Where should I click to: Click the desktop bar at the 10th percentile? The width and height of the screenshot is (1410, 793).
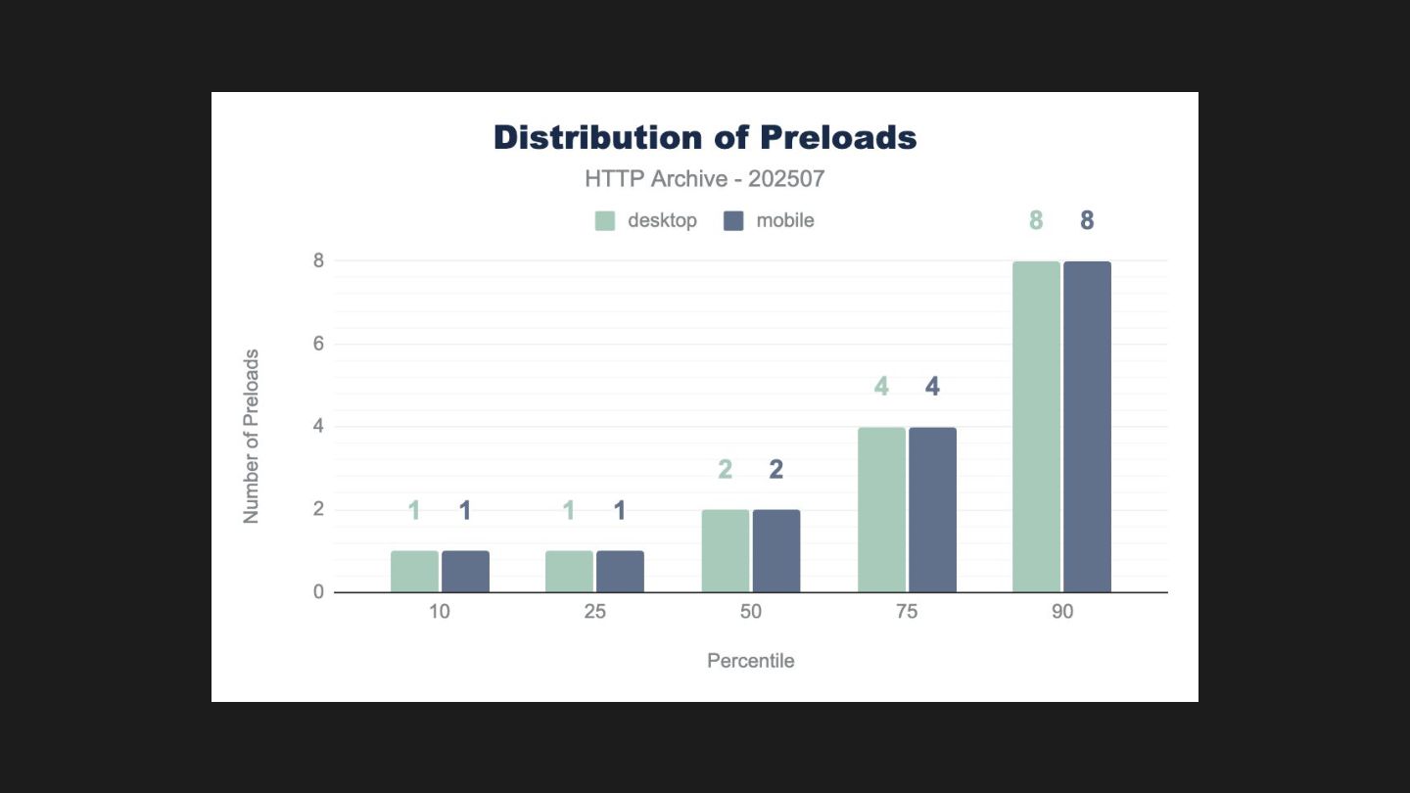pyautogui.click(x=414, y=572)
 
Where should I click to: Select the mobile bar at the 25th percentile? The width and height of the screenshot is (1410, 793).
pyautogui.click(x=620, y=572)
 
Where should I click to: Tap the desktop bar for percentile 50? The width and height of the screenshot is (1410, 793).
pyautogui.click(x=726, y=551)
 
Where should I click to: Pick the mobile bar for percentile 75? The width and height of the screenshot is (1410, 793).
pyautogui.click(x=932, y=510)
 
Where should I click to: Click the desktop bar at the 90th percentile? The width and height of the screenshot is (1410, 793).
pyautogui.click(x=1036, y=427)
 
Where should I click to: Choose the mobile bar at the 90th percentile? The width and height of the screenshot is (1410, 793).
pyautogui.click(x=1087, y=427)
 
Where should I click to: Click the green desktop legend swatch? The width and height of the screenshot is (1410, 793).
pyautogui.click(x=605, y=221)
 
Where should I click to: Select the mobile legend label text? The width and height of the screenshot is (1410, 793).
pyautogui.click(x=785, y=221)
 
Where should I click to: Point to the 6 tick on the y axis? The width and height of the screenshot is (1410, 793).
pyautogui.click(x=318, y=344)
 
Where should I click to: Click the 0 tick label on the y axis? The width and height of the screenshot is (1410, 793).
pyautogui.click(x=318, y=592)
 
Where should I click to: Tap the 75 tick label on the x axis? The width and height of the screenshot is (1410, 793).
pyautogui.click(x=907, y=612)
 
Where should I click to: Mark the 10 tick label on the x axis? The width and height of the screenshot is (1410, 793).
pyautogui.click(x=440, y=612)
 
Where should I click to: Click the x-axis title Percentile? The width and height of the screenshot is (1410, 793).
pyautogui.click(x=751, y=661)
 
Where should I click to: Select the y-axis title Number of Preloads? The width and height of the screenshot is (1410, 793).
pyautogui.click(x=252, y=437)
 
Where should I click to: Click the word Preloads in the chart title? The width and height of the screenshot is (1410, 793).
pyautogui.click(x=838, y=138)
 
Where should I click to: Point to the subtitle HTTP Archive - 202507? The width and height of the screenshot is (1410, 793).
pyautogui.click(x=705, y=179)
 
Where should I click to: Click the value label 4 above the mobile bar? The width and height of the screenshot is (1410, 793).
pyautogui.click(x=932, y=387)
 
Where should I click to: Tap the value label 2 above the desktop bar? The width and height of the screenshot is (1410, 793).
pyautogui.click(x=726, y=470)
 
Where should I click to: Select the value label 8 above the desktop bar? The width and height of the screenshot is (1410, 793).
pyautogui.click(x=1036, y=221)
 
